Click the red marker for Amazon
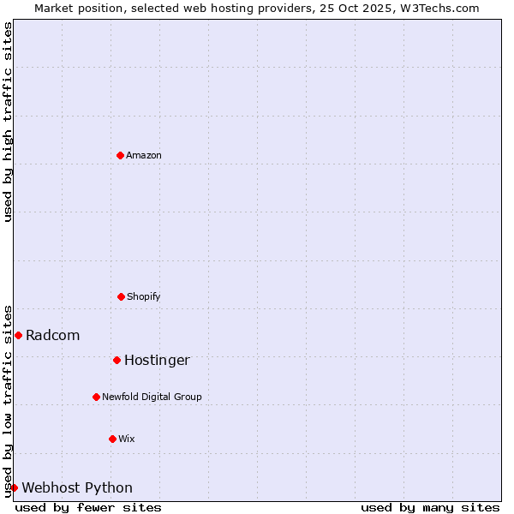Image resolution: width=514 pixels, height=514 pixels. click(120, 155)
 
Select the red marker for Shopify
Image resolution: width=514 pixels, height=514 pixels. click(121, 296)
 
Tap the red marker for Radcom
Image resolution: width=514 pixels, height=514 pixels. click(18, 335)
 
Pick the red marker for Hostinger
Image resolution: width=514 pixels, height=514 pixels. click(117, 360)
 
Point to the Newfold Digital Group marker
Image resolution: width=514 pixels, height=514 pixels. click(96, 397)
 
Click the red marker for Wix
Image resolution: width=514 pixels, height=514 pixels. click(112, 439)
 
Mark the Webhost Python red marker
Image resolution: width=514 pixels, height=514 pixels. click(14, 487)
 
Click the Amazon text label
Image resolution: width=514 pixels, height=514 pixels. click(144, 155)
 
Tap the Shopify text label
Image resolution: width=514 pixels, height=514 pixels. click(144, 296)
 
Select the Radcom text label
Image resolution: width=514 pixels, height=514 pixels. click(53, 335)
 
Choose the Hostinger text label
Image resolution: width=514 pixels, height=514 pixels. click(157, 360)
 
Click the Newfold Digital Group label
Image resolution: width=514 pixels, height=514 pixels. click(152, 397)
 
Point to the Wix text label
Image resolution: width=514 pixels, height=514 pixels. click(127, 439)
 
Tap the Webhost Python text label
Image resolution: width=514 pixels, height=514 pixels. click(77, 487)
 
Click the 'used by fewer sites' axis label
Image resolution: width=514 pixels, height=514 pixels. click(88, 507)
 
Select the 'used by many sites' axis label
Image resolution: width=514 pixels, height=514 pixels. click(430, 507)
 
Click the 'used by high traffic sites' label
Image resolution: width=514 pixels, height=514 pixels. click(8, 122)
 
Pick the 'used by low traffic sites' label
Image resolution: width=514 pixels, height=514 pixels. click(8, 401)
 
